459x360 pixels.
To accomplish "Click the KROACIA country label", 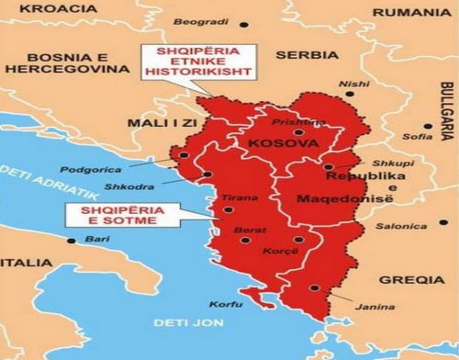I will (x=38, y=8).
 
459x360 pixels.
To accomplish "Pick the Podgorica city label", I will (x=90, y=169).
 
